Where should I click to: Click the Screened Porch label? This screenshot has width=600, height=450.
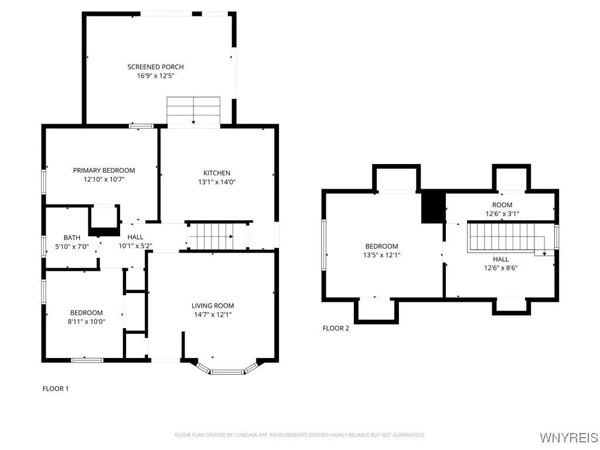155,67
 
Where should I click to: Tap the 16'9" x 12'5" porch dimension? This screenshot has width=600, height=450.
155,76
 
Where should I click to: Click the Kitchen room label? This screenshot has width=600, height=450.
217,173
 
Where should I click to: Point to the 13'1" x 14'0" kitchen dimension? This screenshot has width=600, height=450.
217,182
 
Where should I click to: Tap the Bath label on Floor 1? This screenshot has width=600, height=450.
72,237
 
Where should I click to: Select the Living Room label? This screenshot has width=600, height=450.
213,305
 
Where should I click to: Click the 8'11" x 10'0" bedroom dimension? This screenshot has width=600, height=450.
86,322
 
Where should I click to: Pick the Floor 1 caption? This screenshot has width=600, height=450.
56,388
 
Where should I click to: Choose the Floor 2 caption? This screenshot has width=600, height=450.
336,328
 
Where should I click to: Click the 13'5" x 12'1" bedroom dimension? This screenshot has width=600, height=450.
381,255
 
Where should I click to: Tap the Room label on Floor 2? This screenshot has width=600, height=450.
502,204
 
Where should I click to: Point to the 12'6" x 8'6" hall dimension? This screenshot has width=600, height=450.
500,268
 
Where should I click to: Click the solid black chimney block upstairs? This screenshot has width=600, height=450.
434,207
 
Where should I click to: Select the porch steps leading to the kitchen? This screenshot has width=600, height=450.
193,112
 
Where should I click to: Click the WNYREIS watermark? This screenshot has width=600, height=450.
568,438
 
